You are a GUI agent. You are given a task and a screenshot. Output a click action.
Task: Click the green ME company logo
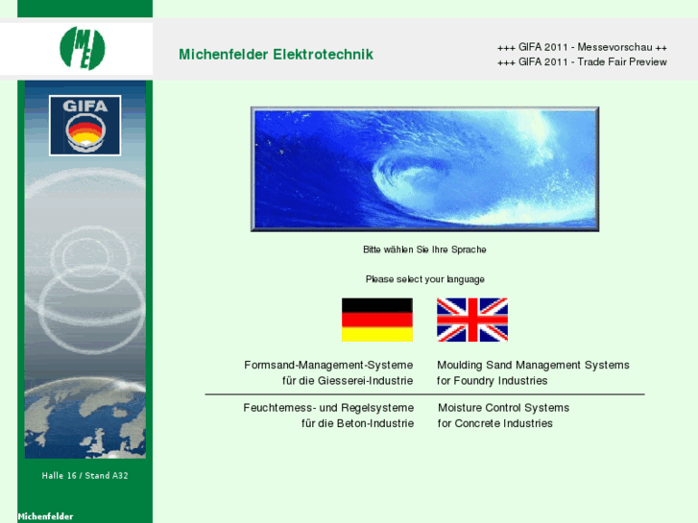click(83, 48)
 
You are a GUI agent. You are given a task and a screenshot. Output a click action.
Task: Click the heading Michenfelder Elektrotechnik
click(276, 55)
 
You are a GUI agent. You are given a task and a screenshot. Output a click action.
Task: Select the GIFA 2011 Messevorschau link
click(582, 47)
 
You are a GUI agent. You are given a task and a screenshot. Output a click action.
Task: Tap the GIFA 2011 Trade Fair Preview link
click(582, 62)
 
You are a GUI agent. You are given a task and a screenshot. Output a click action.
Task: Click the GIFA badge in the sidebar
click(84, 125)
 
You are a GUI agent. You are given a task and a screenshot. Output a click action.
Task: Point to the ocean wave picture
click(424, 169)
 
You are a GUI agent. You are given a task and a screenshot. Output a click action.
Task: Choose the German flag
click(376, 320)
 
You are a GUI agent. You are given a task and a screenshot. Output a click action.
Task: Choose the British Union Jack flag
click(471, 320)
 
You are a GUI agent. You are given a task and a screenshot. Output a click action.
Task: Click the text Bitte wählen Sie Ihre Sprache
click(424, 250)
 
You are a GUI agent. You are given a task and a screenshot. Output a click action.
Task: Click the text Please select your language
click(424, 279)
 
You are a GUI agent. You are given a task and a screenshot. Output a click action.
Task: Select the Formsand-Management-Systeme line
click(328, 366)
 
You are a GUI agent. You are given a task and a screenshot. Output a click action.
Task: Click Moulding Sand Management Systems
click(533, 366)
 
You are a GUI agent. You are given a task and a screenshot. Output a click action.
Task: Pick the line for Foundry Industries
click(492, 381)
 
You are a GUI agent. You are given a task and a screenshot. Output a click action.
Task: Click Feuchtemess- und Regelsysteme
click(328, 408)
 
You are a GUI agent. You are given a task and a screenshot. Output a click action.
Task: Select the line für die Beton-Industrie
click(357, 423)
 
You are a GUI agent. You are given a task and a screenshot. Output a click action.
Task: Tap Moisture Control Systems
click(503, 408)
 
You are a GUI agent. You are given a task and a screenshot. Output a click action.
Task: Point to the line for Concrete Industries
click(494, 423)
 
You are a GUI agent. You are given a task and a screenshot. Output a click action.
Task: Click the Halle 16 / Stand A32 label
click(84, 475)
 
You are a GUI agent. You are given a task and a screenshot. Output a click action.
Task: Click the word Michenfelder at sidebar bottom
click(45, 516)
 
